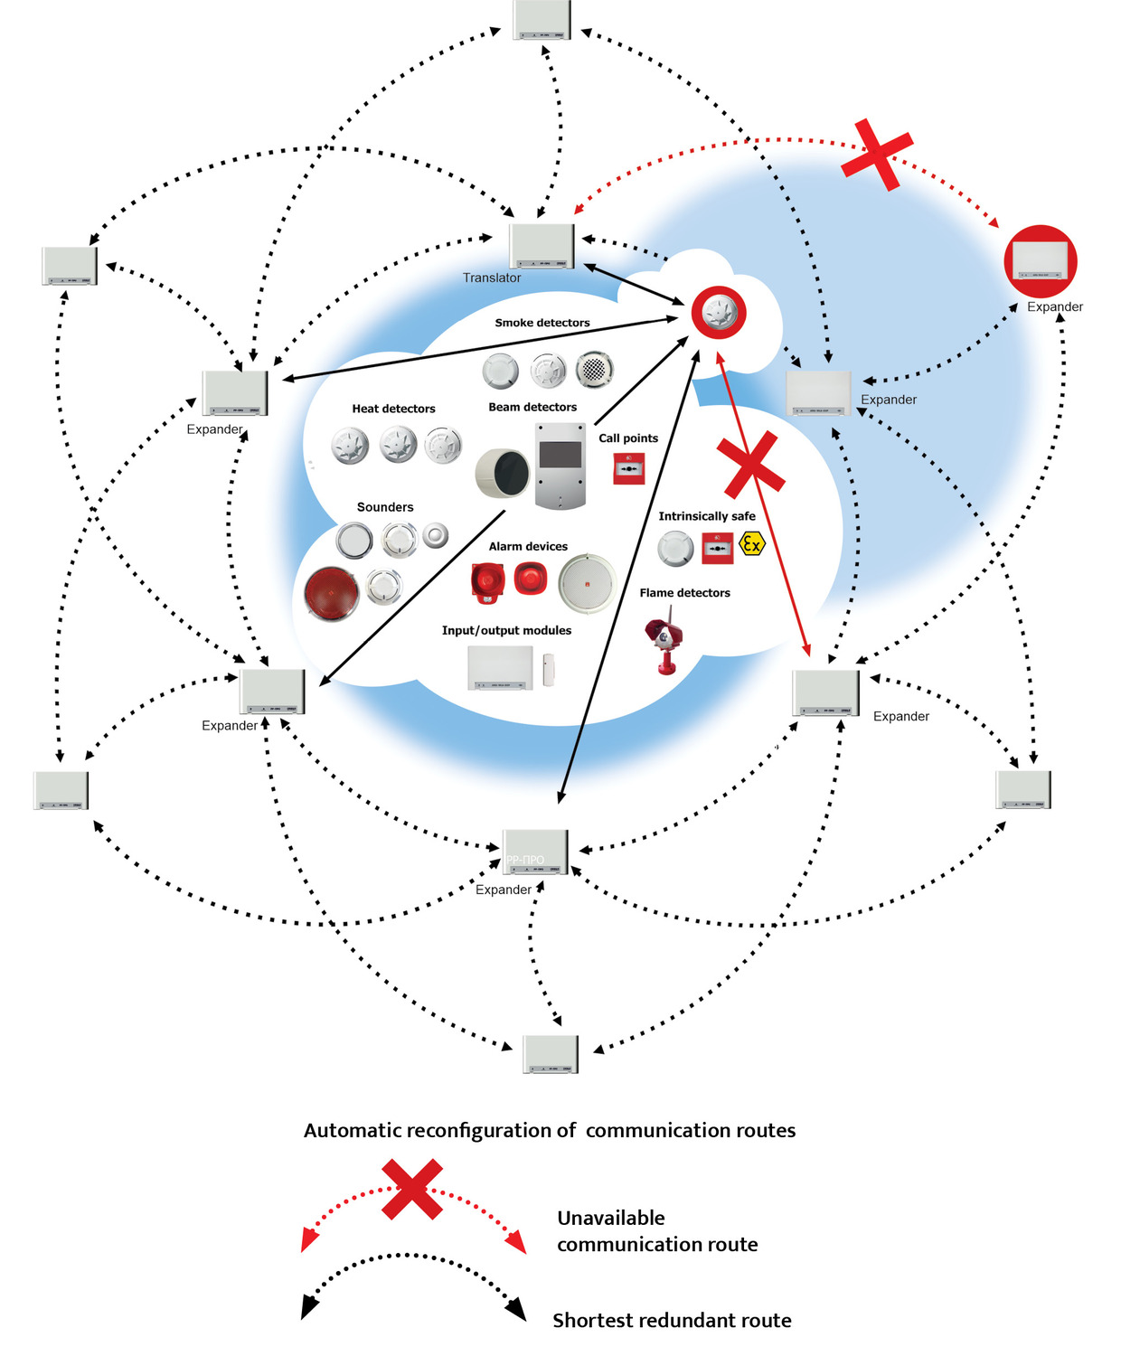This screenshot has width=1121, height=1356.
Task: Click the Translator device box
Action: (x=542, y=245)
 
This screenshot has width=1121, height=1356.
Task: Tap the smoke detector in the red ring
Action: (x=719, y=313)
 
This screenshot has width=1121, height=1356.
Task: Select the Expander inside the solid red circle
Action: (x=1041, y=261)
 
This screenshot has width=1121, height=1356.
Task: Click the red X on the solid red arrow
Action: (x=749, y=464)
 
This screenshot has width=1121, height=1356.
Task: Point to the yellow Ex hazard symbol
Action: (x=751, y=543)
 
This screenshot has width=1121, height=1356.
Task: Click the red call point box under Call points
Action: (x=628, y=468)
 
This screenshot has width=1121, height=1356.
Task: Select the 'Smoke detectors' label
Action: (x=542, y=323)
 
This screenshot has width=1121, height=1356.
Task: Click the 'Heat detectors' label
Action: (x=393, y=409)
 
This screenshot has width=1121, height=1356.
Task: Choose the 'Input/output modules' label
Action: (x=506, y=630)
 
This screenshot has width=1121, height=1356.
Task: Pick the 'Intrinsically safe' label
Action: (x=706, y=516)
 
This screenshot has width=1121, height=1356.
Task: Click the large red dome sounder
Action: (x=332, y=594)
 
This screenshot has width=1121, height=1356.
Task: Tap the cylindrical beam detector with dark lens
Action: (x=503, y=472)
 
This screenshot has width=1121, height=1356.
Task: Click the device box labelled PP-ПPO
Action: (x=535, y=852)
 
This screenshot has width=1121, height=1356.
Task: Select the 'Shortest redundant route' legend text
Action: (x=672, y=1320)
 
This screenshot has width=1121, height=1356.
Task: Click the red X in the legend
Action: (x=412, y=1189)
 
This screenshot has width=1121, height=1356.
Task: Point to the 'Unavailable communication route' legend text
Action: (x=657, y=1231)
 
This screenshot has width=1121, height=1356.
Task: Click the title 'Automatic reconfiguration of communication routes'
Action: (x=550, y=1130)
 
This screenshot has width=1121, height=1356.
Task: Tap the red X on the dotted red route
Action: (x=876, y=155)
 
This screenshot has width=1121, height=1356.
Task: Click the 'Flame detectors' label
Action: (x=684, y=593)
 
